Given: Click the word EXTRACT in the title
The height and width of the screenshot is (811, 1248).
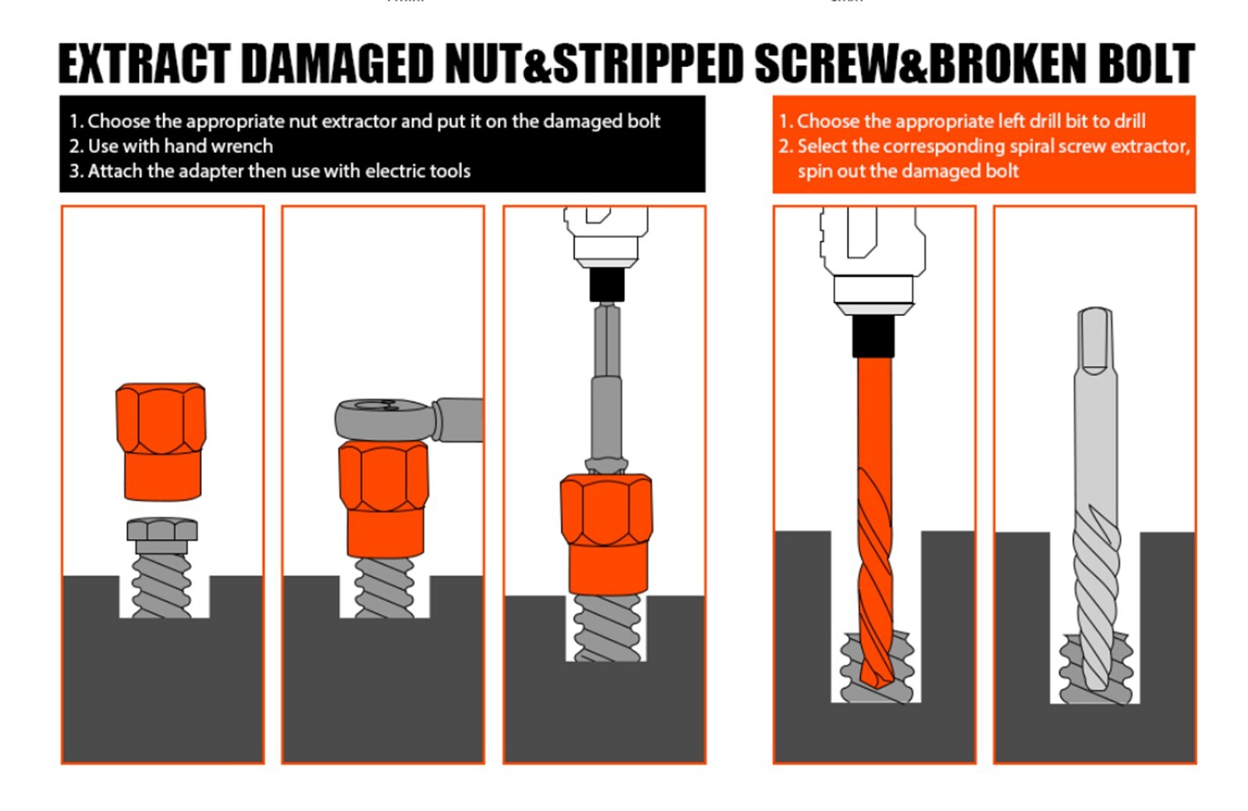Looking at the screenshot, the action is (144, 63).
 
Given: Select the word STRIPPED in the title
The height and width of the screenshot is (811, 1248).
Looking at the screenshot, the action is (648, 63).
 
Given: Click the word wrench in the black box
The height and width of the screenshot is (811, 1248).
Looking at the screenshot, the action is (238, 146).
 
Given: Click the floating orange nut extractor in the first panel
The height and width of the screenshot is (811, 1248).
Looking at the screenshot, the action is (161, 441).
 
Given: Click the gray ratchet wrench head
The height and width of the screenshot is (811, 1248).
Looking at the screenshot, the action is (385, 419).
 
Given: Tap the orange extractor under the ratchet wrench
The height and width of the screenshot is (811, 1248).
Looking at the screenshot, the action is (383, 499).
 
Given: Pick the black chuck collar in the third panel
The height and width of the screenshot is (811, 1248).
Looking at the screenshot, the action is (607, 285).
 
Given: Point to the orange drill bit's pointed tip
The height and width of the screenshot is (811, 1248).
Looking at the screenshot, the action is (877, 687).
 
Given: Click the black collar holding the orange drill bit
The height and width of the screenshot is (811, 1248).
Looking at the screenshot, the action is (873, 336).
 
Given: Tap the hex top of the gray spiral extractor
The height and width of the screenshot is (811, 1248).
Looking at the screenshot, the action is (1095, 340).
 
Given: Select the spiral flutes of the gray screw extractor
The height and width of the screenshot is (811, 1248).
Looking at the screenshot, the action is (1095, 599).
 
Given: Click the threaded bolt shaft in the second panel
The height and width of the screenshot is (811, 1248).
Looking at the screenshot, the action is (385, 588).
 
